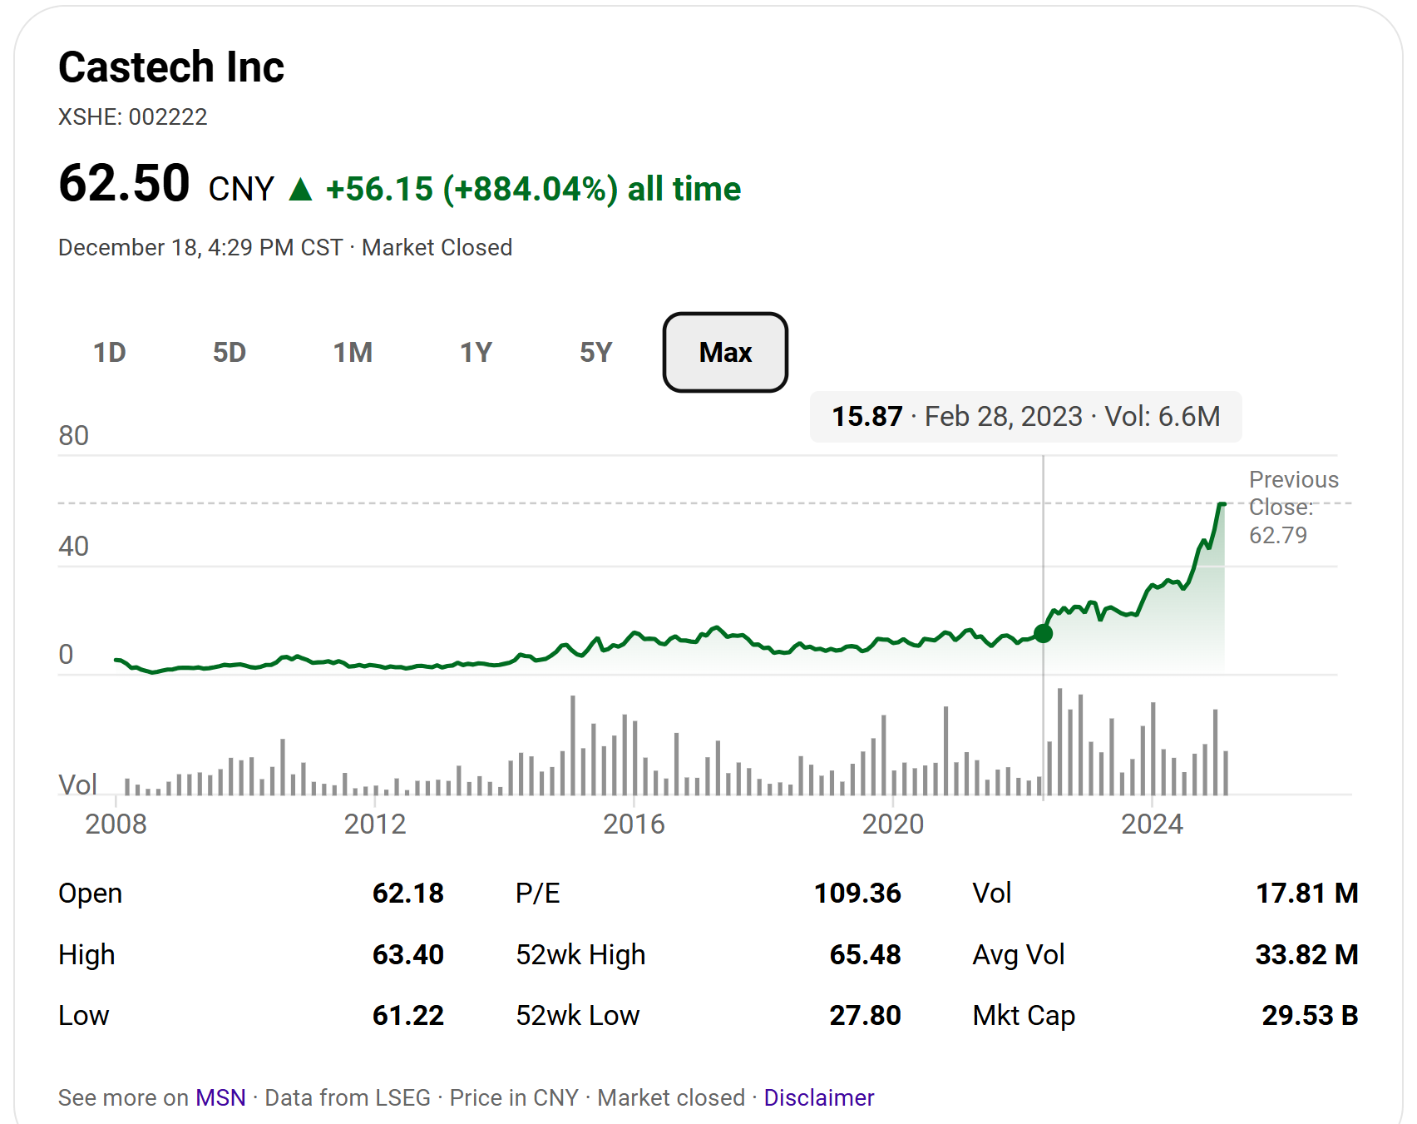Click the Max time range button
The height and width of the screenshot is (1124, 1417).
725,353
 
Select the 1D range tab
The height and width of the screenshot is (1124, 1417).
109,353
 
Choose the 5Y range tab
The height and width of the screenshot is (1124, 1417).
595,353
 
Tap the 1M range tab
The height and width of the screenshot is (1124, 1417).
353,353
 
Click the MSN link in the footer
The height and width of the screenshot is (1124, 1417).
220,1097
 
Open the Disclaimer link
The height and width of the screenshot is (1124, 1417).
818,1097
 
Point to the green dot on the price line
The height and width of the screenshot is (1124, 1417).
1044,633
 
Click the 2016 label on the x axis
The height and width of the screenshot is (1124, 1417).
634,824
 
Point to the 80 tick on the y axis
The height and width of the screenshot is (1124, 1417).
73,436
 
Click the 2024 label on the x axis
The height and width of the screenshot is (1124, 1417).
1152,824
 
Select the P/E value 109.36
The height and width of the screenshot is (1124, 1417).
857,893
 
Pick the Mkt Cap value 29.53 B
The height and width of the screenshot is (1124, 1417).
1310,1015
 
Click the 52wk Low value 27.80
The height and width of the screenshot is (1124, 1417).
865,1015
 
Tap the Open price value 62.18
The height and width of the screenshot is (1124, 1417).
407,893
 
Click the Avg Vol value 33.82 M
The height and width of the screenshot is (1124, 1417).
1306,954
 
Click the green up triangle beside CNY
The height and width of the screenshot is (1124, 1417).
300,190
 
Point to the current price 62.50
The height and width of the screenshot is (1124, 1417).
125,184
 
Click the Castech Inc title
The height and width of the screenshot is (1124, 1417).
171,67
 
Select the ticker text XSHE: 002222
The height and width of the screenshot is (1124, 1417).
133,116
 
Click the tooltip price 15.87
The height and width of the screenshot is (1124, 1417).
867,416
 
